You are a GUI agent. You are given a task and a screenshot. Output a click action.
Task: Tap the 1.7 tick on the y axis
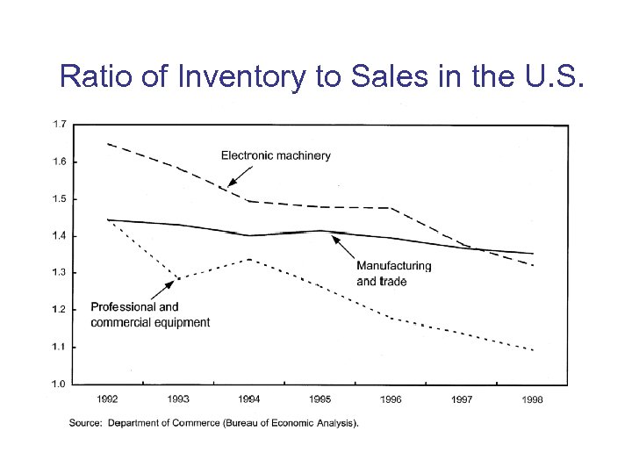click(58, 125)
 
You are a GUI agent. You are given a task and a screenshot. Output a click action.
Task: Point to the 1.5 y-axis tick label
click(58, 199)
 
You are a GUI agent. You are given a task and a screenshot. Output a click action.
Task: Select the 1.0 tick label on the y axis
click(58, 384)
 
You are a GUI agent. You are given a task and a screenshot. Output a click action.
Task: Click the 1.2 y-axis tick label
click(58, 310)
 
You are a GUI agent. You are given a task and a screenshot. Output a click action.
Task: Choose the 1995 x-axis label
click(320, 399)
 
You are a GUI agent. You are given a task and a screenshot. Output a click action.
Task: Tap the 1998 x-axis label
click(532, 399)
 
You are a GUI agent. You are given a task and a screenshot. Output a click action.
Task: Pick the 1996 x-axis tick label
click(391, 399)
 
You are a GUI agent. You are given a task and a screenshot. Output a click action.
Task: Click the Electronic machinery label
click(276, 155)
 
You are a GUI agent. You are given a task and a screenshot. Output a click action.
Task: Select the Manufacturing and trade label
click(394, 273)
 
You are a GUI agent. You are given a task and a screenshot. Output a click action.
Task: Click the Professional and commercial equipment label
click(150, 314)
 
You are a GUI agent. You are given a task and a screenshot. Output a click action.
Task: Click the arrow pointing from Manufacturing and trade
click(344, 248)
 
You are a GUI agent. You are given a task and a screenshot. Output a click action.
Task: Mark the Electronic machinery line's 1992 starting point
click(108, 143)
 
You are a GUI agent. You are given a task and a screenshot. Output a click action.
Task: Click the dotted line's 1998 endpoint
click(532, 349)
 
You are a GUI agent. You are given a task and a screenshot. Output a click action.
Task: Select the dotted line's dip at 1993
click(178, 279)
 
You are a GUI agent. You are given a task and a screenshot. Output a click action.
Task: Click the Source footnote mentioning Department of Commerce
click(214, 423)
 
